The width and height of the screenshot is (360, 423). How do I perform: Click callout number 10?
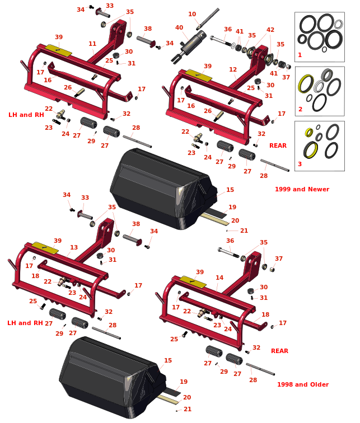(192, 15)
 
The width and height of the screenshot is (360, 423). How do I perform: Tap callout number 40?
(179, 27)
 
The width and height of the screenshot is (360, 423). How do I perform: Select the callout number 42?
(270, 30)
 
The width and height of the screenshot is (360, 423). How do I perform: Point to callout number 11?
(92, 44)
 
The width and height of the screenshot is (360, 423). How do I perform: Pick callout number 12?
(233, 70)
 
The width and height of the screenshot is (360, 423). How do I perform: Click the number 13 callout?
(74, 247)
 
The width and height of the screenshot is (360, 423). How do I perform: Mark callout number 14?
(219, 278)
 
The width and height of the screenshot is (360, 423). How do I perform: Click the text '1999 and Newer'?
(302, 189)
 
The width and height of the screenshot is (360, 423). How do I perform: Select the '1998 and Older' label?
(303, 384)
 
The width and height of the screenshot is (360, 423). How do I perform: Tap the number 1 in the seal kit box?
(300, 55)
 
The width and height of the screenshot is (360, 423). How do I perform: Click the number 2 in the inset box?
(300, 109)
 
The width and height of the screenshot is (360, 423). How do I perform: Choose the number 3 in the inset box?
(300, 164)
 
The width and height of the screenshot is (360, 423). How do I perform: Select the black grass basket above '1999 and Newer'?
(162, 187)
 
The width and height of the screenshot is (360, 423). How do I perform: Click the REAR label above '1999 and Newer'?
(278, 145)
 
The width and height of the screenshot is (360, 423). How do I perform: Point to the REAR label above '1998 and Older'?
(279, 351)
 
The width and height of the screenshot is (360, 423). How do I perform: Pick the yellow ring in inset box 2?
(306, 84)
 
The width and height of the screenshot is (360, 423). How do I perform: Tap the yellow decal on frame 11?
(59, 50)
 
